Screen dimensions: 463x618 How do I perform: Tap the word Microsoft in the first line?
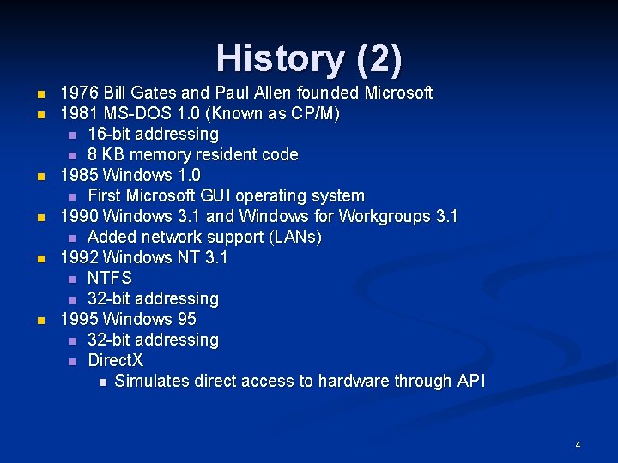[x=398, y=93]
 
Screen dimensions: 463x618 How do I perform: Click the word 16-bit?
[x=109, y=134]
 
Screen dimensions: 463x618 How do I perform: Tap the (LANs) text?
[x=291, y=237]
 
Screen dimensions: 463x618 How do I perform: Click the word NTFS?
[x=110, y=278]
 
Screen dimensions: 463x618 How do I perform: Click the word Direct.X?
[x=116, y=360]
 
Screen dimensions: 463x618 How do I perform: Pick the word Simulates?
[x=151, y=381]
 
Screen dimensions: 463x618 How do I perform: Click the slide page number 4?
[x=578, y=445]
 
